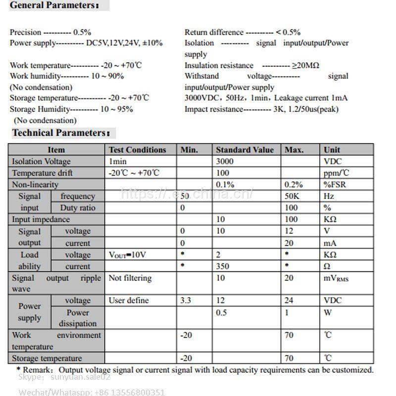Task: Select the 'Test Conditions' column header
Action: pyautogui.click(x=137, y=149)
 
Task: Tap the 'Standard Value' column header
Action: pyautogui.click(x=245, y=149)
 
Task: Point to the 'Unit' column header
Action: pyautogui.click(x=332, y=149)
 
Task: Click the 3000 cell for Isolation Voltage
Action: pyautogui.click(x=225, y=161)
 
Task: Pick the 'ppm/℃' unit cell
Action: pyautogui.click(x=336, y=173)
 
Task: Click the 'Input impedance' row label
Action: pyautogui.click(x=41, y=219)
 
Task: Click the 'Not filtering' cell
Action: pyautogui.click(x=130, y=278)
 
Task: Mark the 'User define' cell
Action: pyautogui.click(x=128, y=300)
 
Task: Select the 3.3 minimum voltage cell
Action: pyautogui.click(x=186, y=300)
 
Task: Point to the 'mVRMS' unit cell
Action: pyautogui.click(x=336, y=279)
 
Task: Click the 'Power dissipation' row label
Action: pyautogui.click(x=78, y=318)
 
